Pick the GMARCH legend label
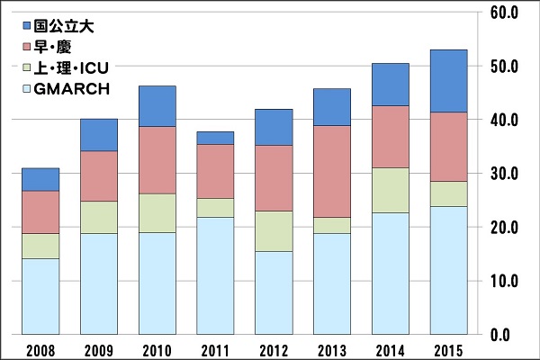coord(71,88)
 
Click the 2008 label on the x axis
coord(41,349)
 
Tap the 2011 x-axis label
coord(215,349)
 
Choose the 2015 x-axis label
coord(447,349)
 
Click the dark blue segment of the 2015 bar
coord(447,81)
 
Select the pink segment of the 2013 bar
coord(331,171)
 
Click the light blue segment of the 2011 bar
coord(215,275)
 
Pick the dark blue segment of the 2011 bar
coord(215,138)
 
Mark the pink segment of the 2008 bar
coord(41,212)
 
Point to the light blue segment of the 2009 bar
coord(99,283)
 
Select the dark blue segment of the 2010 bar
coord(157,106)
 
